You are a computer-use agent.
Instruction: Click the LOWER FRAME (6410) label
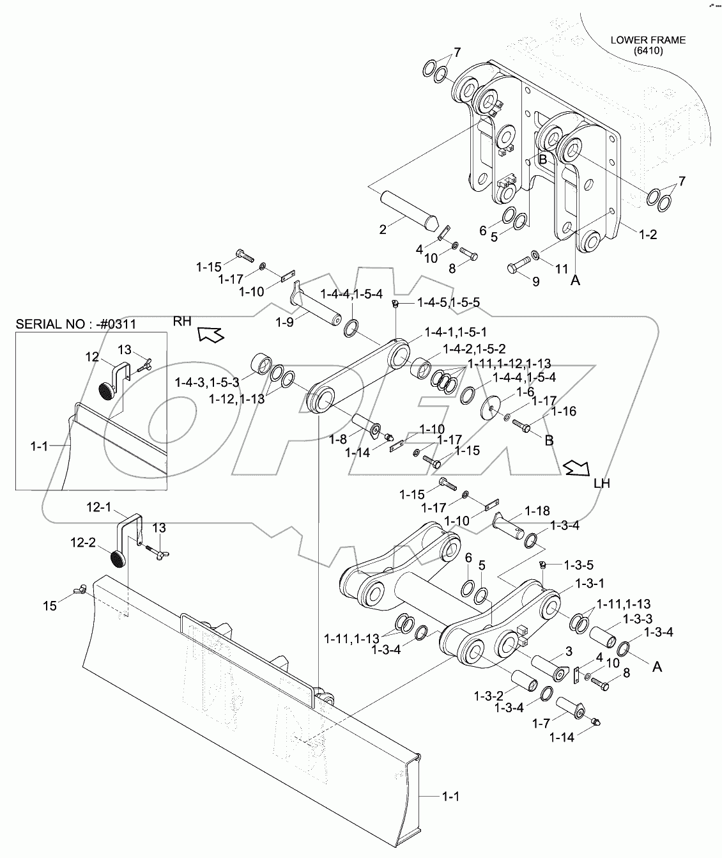coord(648,45)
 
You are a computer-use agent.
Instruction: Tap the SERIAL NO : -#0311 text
coord(76,324)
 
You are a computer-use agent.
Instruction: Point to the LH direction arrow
coord(577,468)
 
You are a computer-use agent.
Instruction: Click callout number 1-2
coord(648,234)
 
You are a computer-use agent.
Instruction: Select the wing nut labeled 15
coord(80,590)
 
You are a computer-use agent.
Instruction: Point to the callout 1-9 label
coord(284,322)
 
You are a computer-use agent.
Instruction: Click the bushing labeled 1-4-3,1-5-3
coord(261,363)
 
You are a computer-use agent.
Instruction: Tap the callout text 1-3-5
coord(579,565)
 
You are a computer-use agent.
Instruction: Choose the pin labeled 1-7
coord(571,708)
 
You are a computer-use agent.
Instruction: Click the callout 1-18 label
coord(537,511)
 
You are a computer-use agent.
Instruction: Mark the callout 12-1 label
coord(99,508)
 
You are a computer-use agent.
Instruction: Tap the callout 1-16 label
coord(564,411)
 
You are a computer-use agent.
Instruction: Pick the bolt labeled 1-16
coord(521,426)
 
